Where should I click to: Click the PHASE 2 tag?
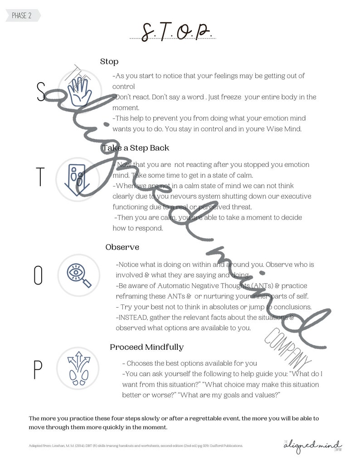point(22,16)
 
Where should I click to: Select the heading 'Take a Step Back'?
point(136,148)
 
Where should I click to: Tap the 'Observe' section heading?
point(122,247)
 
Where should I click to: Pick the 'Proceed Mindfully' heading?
point(146,347)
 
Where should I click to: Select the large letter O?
point(39,275)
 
